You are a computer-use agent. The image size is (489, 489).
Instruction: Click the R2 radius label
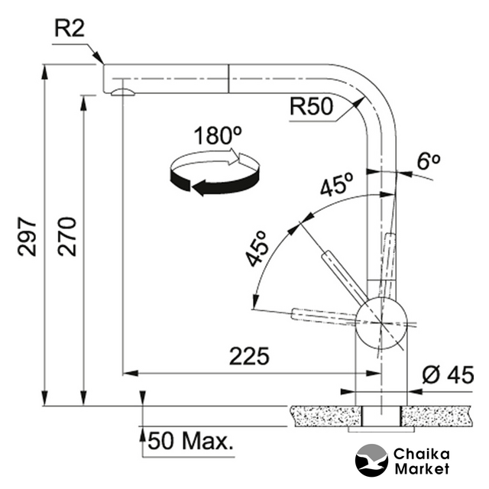[70, 31]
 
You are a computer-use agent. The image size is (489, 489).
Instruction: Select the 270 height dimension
[67, 236]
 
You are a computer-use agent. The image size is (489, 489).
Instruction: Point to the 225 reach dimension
[249, 357]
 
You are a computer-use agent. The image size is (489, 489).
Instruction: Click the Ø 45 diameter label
[449, 375]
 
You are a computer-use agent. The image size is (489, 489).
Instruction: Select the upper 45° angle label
[336, 185]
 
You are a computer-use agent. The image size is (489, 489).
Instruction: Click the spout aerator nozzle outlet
[121, 92]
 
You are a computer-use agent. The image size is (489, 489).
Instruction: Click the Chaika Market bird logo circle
[372, 461]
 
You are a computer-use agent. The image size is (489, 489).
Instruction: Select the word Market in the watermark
[423, 468]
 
